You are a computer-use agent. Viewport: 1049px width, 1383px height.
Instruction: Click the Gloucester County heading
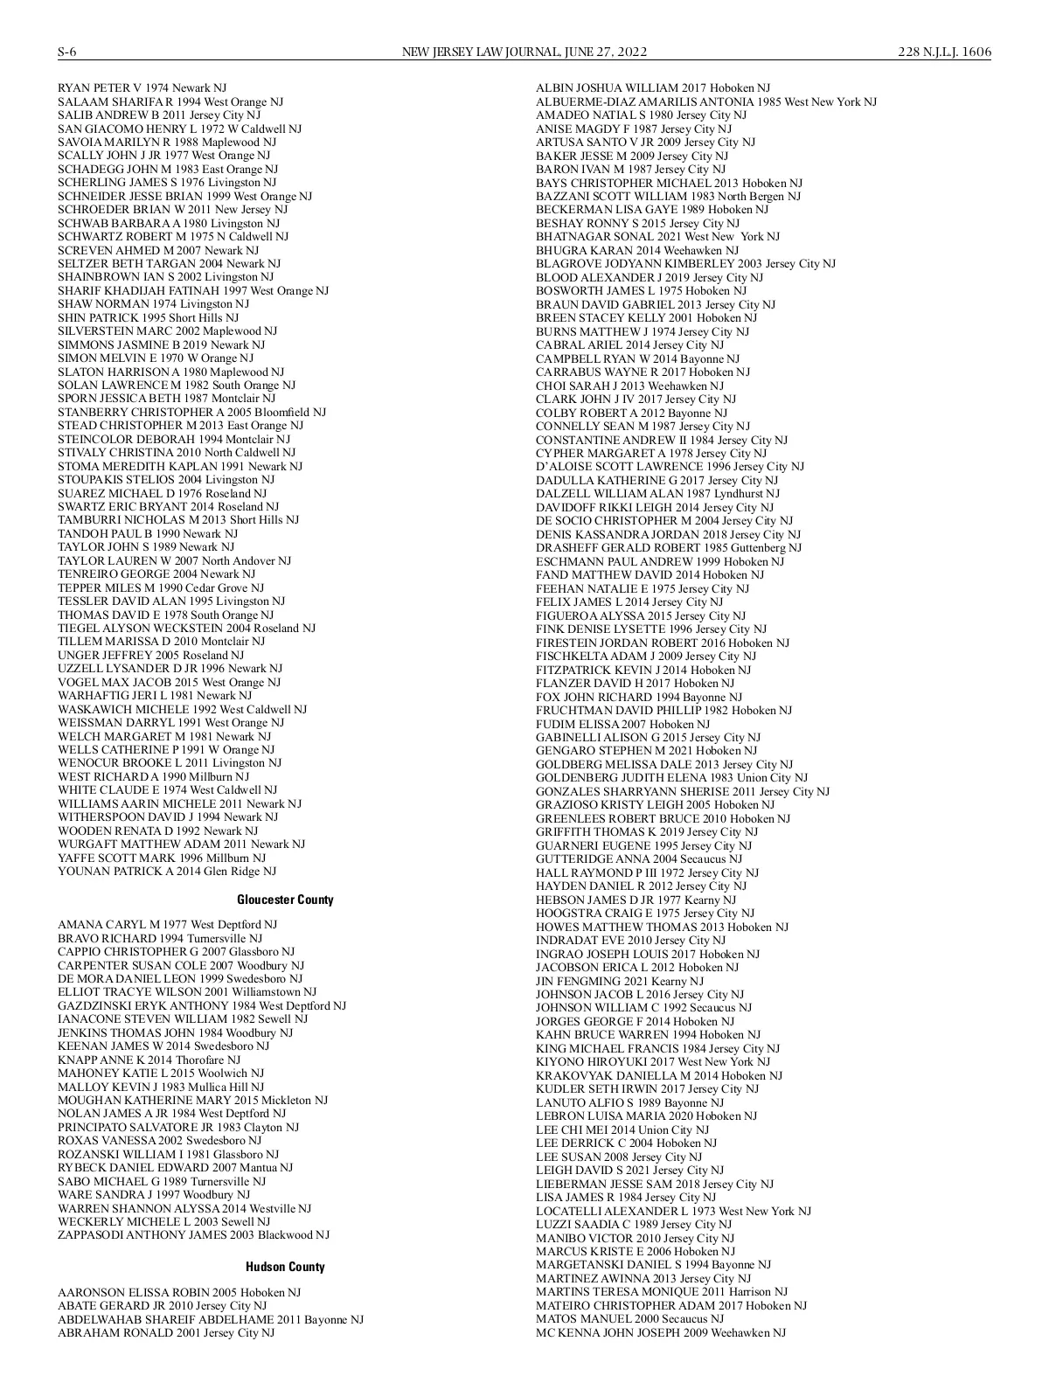[285, 900]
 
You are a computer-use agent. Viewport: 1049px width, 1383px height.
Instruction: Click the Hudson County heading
[285, 1267]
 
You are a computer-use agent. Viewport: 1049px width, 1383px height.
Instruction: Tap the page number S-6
[67, 52]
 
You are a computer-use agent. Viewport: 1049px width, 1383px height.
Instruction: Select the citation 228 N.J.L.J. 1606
[944, 52]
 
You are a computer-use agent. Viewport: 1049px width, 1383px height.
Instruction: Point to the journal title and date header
[524, 52]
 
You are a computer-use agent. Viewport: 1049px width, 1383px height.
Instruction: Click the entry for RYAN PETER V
[142, 88]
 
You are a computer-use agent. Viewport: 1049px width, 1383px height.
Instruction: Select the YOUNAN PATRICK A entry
[167, 872]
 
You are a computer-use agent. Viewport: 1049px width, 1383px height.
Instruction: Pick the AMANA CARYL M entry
[167, 925]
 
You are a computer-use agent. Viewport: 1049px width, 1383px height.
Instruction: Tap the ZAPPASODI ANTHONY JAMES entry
[193, 1235]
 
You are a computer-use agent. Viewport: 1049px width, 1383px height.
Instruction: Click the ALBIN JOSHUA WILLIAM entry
[653, 88]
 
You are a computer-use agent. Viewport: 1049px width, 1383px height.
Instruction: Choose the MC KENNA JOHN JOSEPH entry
[660, 1332]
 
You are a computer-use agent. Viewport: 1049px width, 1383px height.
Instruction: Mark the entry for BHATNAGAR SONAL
[657, 237]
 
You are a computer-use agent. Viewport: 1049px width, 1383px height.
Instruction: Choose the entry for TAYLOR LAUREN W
[174, 561]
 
